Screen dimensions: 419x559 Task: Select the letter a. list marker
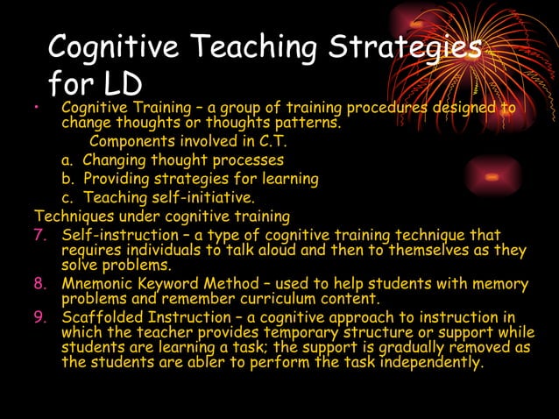67,160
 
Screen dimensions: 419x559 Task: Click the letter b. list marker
67,179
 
